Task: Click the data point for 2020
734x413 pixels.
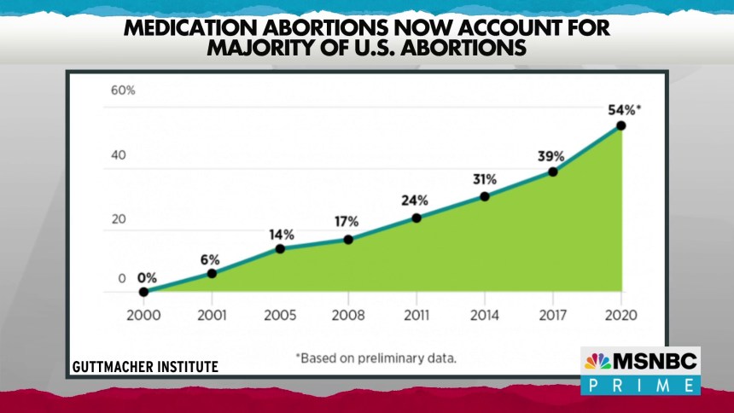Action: point(620,125)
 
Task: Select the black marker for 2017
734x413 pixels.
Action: point(553,172)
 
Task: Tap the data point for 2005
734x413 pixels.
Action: point(280,248)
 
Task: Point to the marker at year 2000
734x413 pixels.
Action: point(143,292)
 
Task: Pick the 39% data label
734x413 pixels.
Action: point(551,156)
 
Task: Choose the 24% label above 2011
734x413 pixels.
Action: point(416,201)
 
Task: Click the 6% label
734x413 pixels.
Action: point(210,259)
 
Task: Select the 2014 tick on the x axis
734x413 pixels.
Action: point(484,315)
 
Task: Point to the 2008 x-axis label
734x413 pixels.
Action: point(348,315)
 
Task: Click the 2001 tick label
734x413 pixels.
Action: point(212,315)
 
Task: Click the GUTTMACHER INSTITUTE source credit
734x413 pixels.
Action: point(145,367)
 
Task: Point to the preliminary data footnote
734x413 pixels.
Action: point(376,358)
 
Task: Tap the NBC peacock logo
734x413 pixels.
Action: point(597,361)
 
